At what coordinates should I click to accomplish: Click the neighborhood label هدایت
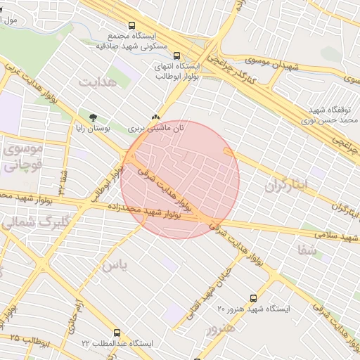(96, 82)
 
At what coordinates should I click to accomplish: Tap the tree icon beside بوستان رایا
(94, 116)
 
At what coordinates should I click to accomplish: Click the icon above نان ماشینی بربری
(155, 117)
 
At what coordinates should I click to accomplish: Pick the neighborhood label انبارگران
(287, 186)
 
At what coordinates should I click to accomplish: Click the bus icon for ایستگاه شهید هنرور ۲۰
(253, 298)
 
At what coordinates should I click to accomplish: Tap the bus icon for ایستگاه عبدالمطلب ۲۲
(117, 333)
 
